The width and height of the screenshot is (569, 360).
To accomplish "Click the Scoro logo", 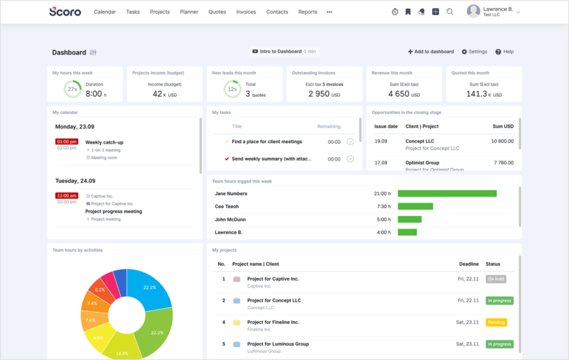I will pyautogui.click(x=65, y=12).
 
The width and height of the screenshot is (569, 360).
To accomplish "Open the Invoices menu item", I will pyautogui.click(x=246, y=12).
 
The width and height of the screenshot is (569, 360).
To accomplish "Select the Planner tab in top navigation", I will pyautogui.click(x=189, y=12).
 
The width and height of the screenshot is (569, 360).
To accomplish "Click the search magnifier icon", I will pyautogui.click(x=450, y=12).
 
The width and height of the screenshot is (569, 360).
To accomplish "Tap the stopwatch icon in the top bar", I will pyautogui.click(x=395, y=12).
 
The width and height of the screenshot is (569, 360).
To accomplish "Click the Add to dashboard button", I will pyautogui.click(x=431, y=52).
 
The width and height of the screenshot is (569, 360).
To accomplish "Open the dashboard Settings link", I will pyautogui.click(x=474, y=52).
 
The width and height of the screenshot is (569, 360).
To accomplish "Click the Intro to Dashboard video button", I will pyautogui.click(x=284, y=52).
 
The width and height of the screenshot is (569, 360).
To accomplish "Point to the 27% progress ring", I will pyautogui.click(x=72, y=89).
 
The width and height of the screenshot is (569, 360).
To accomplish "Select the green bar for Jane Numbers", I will pyautogui.click(x=446, y=193).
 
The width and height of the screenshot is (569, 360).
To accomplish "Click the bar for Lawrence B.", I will pyautogui.click(x=407, y=233).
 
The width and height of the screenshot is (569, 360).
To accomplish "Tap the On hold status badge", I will pyautogui.click(x=495, y=279).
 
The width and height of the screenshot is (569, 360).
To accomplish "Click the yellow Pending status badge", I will pyautogui.click(x=496, y=322).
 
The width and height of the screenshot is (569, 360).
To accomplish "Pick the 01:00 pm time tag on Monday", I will pyautogui.click(x=66, y=142).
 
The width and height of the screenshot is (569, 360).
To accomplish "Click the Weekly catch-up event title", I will pyautogui.click(x=104, y=142).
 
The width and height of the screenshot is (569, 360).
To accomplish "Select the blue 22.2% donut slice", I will pyautogui.click(x=149, y=287).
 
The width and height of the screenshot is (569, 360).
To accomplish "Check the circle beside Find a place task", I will pyautogui.click(x=350, y=142).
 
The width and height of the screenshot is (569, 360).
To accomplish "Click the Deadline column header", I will pyautogui.click(x=469, y=264).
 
